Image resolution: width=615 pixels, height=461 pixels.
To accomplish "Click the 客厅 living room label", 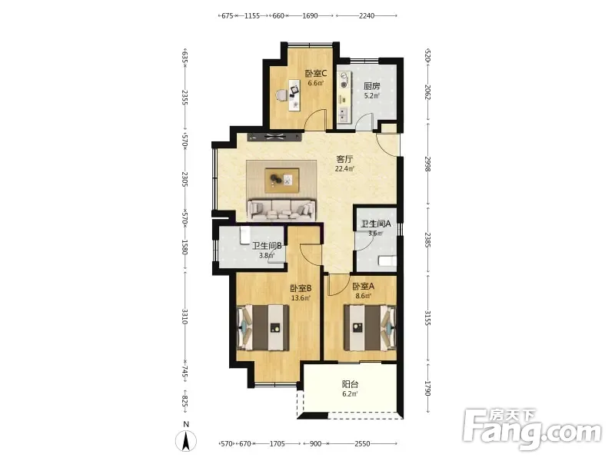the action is point(344,159).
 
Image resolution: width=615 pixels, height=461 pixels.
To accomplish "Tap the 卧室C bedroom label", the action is point(316,73).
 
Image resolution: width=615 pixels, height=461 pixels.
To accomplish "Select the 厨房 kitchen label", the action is point(372,86).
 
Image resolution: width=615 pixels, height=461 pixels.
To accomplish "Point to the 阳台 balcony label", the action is point(350,384).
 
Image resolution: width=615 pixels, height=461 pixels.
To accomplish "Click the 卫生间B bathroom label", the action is point(267,246).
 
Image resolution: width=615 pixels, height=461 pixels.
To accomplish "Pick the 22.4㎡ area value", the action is point(344,169).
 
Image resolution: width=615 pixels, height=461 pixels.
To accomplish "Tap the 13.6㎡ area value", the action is point(301,298).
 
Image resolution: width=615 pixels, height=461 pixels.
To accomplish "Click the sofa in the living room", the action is point(281,210).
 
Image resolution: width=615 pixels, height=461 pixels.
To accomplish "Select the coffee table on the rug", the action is point(282,181).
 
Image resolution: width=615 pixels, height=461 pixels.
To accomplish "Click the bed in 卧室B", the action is point(264,328).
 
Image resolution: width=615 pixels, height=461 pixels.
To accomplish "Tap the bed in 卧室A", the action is point(370,328).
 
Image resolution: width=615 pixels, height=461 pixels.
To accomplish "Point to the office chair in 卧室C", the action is point(281,95).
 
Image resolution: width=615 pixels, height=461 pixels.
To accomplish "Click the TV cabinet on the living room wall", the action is point(274,137).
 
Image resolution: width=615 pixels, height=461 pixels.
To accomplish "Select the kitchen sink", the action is point(343,114).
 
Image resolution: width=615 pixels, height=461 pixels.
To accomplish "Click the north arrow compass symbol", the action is point(186,440).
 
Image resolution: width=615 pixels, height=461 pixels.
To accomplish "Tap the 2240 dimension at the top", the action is point(367,15).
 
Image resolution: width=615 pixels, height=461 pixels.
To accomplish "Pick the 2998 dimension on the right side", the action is point(428,164).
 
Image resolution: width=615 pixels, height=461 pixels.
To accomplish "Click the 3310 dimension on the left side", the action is point(184,317).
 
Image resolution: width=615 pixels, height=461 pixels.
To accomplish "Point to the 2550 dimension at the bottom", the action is point(362,444).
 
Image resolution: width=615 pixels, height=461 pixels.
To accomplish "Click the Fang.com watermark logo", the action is point(532,429).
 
